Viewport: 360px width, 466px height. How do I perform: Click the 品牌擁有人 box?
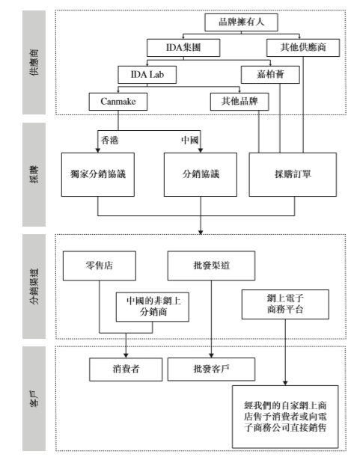coord(241,22)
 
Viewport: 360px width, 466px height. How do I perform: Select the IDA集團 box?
coord(183,48)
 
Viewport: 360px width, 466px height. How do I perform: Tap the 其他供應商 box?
coord(303,48)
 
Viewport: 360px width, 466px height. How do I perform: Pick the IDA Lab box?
coord(147,75)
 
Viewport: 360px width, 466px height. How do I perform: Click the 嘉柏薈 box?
coord(270,75)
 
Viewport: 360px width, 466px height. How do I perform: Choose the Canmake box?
coord(118,102)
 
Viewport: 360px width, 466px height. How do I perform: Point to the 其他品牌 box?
coord(240,102)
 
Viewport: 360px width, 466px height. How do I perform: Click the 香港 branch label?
coord(110,140)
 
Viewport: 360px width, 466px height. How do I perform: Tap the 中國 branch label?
coord(190,140)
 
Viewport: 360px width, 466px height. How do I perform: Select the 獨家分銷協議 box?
coord(98,174)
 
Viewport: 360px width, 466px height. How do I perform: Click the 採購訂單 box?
coord(293,174)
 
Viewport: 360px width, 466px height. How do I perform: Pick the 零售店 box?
coord(100,266)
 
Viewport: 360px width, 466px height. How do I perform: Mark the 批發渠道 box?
coord(211,266)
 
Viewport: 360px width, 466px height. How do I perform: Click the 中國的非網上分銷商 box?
coord(153,307)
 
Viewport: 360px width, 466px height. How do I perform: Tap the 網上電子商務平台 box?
coord(285,304)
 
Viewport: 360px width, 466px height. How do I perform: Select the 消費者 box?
coord(126,370)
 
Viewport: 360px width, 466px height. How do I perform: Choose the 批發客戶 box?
coord(211,370)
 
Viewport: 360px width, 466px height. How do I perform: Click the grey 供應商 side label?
coord(34,62)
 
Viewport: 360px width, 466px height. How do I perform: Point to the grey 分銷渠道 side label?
coord(34,286)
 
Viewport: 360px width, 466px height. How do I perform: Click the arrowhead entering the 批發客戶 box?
coord(211,355)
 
